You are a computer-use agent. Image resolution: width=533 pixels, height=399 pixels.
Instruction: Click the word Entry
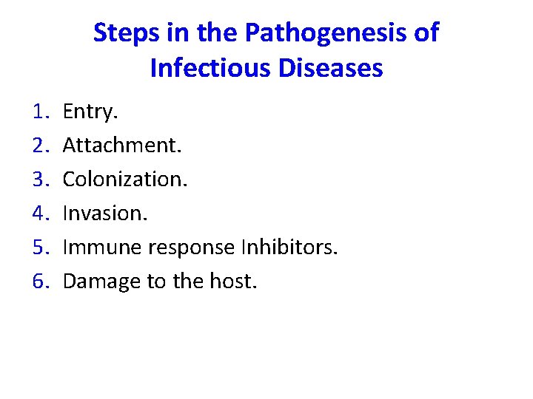(90, 112)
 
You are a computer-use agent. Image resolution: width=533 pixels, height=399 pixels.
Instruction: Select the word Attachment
(121, 146)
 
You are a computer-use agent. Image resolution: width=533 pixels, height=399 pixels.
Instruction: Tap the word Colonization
(125, 180)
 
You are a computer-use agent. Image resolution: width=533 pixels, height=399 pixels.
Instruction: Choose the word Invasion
(105, 214)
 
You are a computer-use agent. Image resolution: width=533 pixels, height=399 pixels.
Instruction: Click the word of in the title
(426, 33)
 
